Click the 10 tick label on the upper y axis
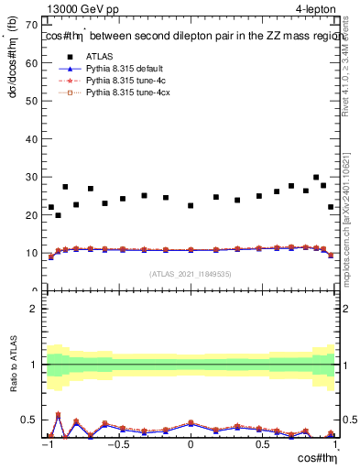point(34,253)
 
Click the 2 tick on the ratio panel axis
point(37,309)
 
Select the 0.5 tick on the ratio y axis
point(33,420)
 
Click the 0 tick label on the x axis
point(191,446)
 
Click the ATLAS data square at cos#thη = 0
point(191,205)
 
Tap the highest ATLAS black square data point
point(316,178)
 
